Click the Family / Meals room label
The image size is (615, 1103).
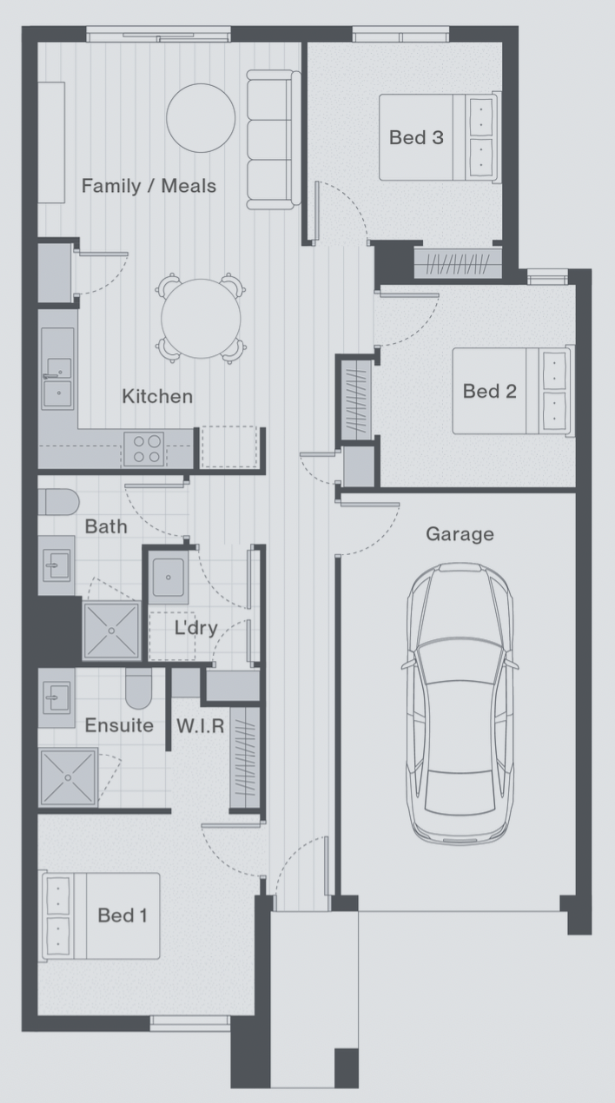[x=149, y=186]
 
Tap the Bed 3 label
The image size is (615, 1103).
[x=416, y=137]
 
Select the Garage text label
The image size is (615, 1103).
[x=460, y=534]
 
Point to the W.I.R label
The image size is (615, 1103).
[x=200, y=725]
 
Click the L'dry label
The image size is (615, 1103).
[x=196, y=627]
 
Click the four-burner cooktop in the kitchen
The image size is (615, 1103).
[x=144, y=449]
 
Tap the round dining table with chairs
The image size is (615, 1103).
[x=201, y=319]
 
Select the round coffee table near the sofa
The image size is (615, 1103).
[x=201, y=118]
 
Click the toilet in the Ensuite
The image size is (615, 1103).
[x=138, y=688]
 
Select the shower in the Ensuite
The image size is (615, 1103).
[x=68, y=777]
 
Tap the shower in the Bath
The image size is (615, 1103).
[x=112, y=631]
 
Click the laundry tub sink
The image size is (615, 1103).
[x=169, y=577]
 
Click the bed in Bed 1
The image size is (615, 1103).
[x=101, y=916]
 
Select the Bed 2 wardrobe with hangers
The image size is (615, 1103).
[x=356, y=400]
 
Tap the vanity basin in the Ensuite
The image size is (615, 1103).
[x=56, y=697]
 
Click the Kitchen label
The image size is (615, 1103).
[x=157, y=396]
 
